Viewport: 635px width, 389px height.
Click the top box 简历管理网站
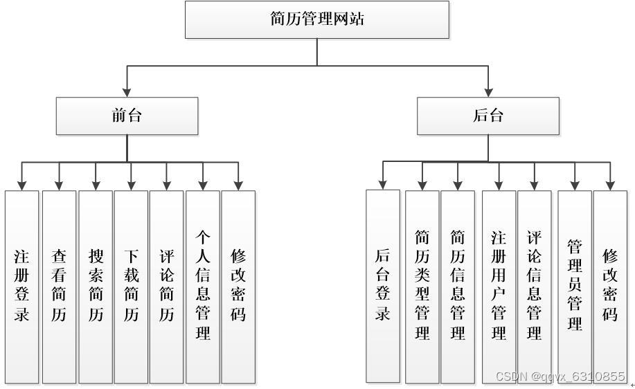pos(317,19)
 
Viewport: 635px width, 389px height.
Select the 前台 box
pos(127,116)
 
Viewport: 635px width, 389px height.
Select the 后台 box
pos(488,116)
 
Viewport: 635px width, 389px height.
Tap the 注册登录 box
pos(22,286)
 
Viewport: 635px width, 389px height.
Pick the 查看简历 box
pos(59,286)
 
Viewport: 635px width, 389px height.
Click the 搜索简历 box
pos(96,286)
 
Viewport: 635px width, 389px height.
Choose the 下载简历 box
pos(131,286)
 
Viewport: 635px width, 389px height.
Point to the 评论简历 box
pos(167,286)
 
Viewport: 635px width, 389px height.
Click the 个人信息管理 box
pos(203,286)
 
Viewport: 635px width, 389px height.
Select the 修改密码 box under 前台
pos(239,286)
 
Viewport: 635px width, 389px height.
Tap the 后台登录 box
pos(383,286)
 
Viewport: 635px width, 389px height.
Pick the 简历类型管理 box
pos(422,286)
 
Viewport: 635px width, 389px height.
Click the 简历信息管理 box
pos(458,286)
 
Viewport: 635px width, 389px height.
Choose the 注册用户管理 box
pos(499,286)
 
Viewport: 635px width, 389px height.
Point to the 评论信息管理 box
pos(534,286)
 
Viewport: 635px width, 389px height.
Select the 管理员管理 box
pos(575,286)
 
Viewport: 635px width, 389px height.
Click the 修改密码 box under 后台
pos(610,286)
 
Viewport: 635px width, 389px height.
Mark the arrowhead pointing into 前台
pos(127,91)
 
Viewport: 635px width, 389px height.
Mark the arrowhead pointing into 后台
pos(488,91)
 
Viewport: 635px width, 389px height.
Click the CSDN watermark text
pos(560,377)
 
